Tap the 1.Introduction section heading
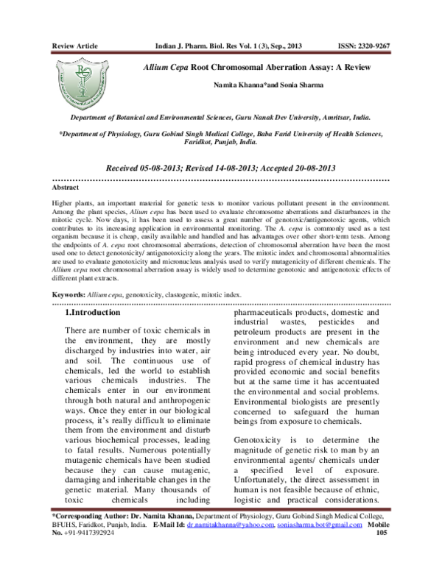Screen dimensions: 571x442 [99, 314]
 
